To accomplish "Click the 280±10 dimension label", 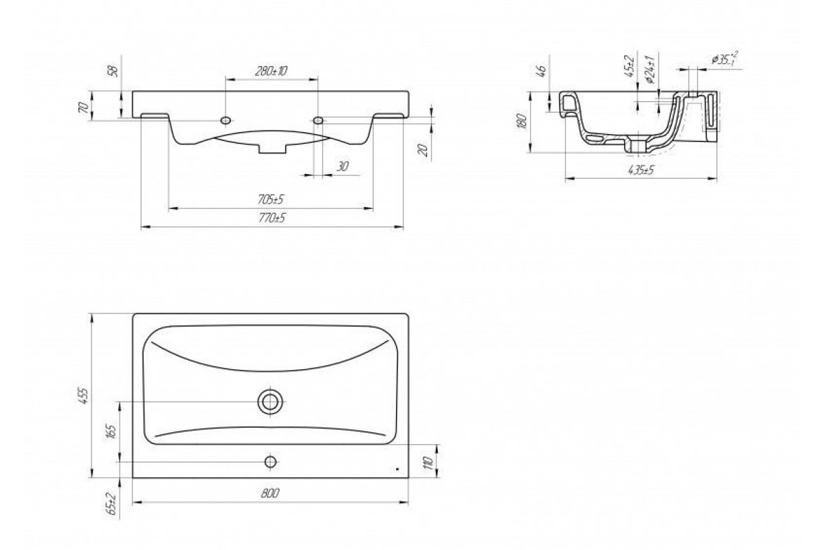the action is (271, 71).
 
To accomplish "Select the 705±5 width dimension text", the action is (271, 199).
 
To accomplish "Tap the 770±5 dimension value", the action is (272, 218).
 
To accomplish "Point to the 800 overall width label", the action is (270, 493).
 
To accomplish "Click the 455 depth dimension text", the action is (85, 395).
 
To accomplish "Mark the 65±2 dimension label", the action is (112, 503).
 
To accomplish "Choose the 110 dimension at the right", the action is (428, 462).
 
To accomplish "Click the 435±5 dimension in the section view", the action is (641, 170).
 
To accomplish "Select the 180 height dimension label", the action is (522, 121).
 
